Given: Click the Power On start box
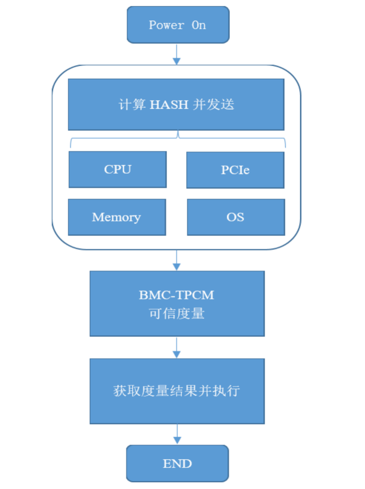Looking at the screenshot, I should [178, 25].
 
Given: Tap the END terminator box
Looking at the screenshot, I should [177, 463].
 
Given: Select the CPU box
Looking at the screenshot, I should [118, 170].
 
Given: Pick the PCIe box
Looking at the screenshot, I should [235, 170].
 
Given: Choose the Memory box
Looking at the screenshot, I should [117, 217].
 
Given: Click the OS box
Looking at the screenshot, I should [236, 217].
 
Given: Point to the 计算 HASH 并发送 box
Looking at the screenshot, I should [176, 105].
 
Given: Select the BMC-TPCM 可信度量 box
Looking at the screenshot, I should [177, 304].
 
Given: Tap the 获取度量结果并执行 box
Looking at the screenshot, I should [177, 391].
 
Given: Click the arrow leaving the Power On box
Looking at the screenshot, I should [176, 54].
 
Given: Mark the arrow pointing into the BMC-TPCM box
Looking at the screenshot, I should [176, 260].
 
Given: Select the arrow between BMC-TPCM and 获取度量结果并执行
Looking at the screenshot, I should [176, 348].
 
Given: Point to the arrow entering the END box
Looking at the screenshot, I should [177, 434].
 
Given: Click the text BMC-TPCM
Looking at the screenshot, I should [176, 295].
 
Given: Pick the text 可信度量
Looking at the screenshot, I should [176, 314].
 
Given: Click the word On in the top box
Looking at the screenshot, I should [198, 25].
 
